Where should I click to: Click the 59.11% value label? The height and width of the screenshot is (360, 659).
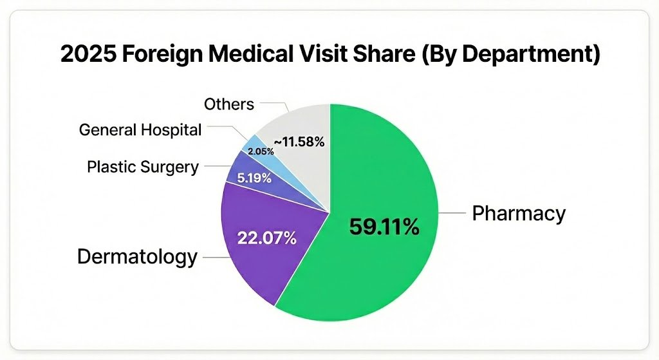384,227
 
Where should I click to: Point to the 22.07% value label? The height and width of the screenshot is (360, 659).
266,238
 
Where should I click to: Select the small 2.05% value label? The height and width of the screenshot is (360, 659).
261,151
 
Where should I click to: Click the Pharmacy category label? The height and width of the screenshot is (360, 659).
519,213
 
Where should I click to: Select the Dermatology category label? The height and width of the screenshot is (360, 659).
137,257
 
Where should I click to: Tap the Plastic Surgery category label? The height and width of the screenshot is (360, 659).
142,167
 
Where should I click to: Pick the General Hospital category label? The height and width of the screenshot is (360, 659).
140,129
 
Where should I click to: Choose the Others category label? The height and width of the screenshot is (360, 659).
228,104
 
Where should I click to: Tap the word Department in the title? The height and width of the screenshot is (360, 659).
522,54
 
